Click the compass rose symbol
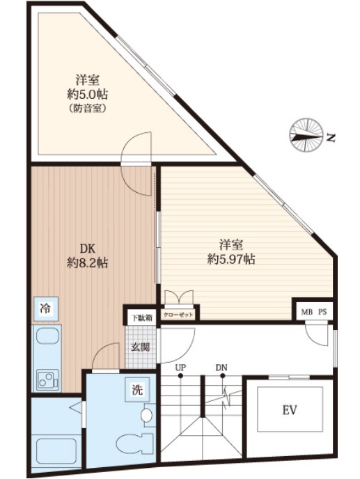point(306,135)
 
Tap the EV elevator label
point(290,410)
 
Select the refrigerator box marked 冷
point(46,308)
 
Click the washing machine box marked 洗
point(137,389)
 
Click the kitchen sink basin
point(47,336)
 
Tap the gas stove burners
point(47,379)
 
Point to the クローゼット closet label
point(178,315)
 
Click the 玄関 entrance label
point(140,347)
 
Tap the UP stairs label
point(180,368)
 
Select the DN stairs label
point(221,368)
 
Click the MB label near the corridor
point(306,312)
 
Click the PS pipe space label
point(322,312)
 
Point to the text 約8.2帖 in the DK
point(88,262)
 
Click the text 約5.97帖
point(231,260)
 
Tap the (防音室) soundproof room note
point(88,109)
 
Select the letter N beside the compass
point(331,138)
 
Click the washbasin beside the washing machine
point(148,415)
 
